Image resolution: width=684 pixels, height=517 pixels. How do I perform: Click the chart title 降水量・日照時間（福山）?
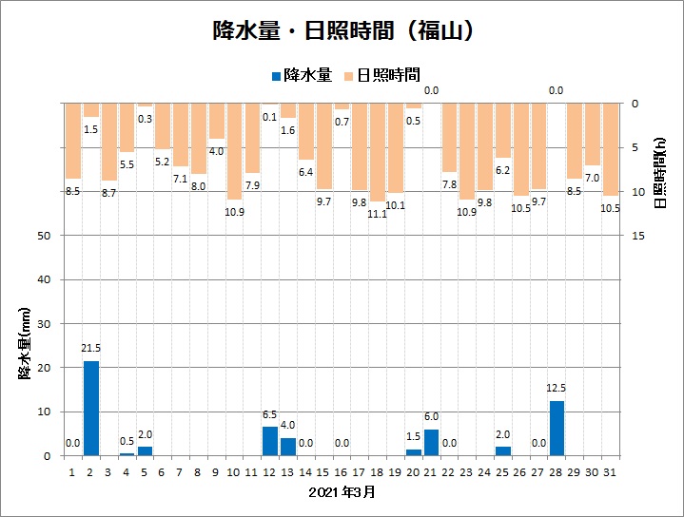point(342,31)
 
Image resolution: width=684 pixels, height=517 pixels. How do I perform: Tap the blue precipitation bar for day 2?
point(91,409)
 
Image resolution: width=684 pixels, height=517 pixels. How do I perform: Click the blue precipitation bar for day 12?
point(270,441)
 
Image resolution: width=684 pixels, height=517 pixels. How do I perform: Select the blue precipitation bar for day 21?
point(431,443)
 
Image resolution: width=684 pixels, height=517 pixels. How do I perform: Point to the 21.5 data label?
point(91,353)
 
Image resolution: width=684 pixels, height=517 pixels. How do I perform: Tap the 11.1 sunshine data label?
point(378,214)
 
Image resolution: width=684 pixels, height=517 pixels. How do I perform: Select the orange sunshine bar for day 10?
point(234,151)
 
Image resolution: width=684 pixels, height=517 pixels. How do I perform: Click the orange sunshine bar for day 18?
point(378,152)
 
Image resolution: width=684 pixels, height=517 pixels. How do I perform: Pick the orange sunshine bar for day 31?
point(610,149)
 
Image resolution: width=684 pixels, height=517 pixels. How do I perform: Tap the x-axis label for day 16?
point(342,471)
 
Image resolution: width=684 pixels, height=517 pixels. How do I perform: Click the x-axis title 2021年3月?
point(342,492)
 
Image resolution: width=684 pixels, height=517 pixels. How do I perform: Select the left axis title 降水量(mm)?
point(26,344)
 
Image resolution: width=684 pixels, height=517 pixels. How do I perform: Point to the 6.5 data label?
point(270,415)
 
